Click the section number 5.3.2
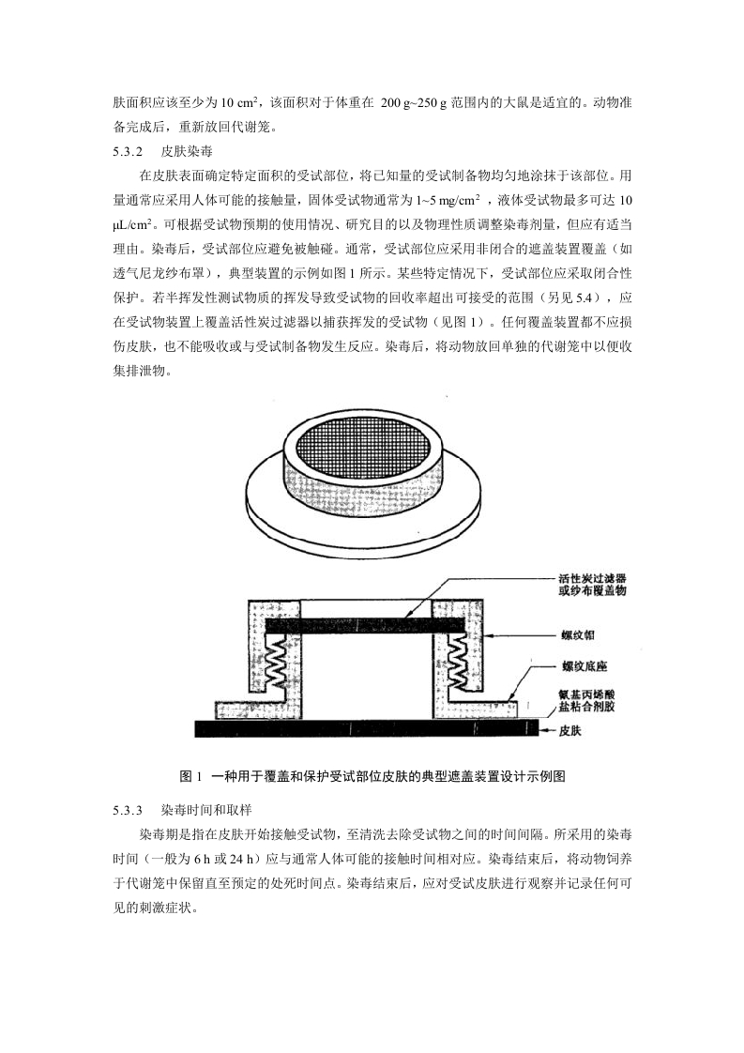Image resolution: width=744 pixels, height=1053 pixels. (x=127, y=150)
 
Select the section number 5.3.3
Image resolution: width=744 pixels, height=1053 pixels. (x=127, y=808)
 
